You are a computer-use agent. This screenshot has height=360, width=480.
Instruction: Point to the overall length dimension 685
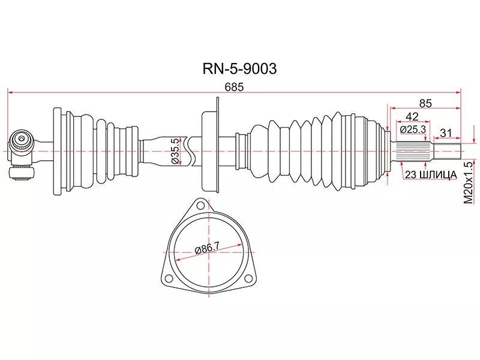(234, 86)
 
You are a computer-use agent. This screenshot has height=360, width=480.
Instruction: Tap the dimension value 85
(425, 103)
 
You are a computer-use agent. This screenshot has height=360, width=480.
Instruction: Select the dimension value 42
(412, 116)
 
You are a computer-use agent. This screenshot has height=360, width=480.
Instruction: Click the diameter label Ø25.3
(412, 128)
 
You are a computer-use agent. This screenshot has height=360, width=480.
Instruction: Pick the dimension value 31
(446, 133)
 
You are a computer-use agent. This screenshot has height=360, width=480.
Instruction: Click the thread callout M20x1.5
(469, 182)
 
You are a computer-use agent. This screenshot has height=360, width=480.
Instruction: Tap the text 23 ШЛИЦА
(431, 175)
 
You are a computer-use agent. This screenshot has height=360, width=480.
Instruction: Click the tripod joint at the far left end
(23, 153)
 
